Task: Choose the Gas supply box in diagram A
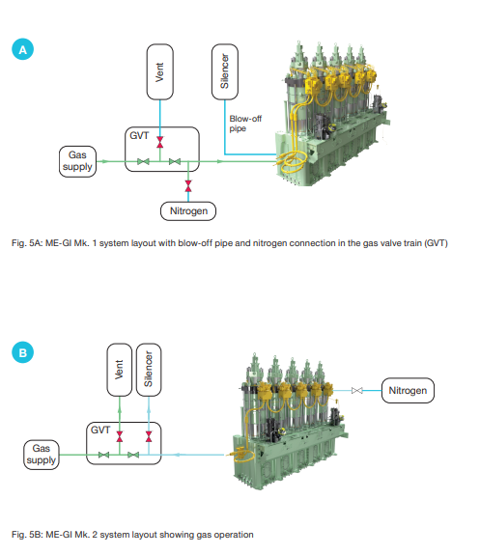(77, 160)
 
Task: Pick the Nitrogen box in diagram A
(188, 210)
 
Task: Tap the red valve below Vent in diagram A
(160, 144)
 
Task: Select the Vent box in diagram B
(119, 374)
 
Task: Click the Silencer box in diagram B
(148, 374)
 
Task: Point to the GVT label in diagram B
(99, 428)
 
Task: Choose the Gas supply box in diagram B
(41, 454)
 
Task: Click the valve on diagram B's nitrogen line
(357, 390)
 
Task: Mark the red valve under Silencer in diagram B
(148, 436)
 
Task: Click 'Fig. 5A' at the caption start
(24, 242)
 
